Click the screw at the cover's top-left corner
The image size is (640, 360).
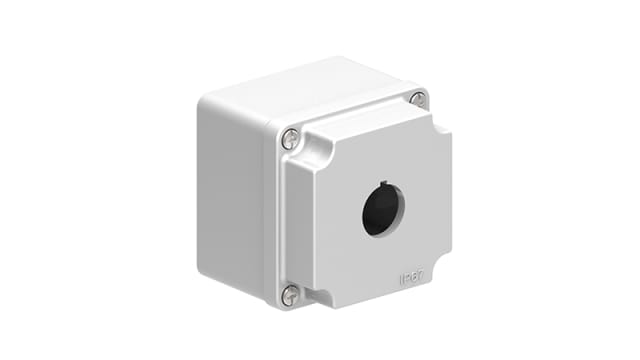290,139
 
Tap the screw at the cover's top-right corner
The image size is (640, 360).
418,99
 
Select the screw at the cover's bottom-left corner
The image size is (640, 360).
290,294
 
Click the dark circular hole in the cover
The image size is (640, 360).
382,211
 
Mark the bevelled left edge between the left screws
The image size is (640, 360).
291,215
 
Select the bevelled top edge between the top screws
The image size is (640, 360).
355,119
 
